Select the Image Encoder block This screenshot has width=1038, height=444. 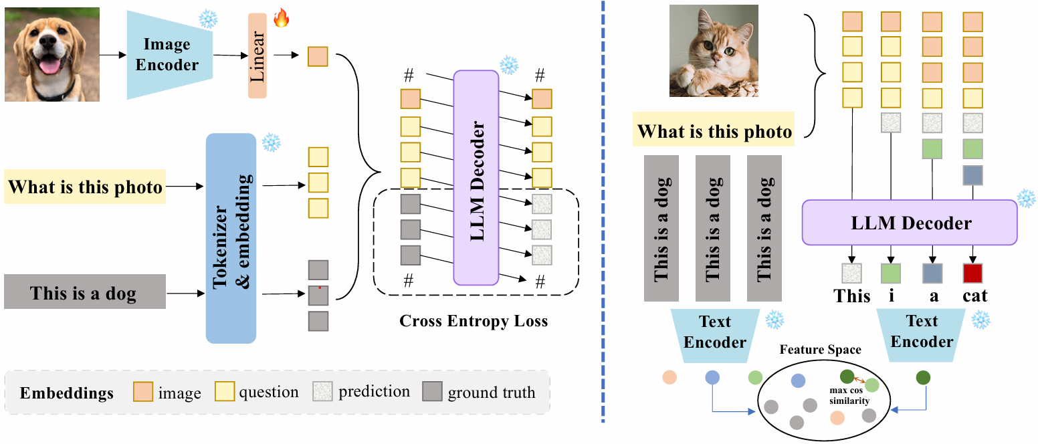[x=170, y=55]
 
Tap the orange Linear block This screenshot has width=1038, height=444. [x=257, y=55]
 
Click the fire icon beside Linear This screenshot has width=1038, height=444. [x=282, y=18]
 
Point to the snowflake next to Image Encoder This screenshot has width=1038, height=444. [x=208, y=19]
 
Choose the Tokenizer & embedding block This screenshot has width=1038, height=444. [x=231, y=238]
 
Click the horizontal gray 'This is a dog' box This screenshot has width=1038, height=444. [x=85, y=292]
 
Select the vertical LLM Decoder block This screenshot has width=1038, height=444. [x=476, y=178]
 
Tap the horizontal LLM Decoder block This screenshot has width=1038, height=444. [x=909, y=223]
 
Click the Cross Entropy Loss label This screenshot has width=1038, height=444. [x=473, y=321]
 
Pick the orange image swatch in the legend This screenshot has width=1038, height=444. [x=142, y=391]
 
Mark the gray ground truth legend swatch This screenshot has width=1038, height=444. [x=432, y=391]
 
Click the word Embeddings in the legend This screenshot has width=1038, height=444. [x=66, y=393]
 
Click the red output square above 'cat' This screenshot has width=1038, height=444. [x=972, y=273]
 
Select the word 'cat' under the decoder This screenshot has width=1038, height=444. [x=974, y=296]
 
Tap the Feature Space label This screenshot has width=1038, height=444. [x=820, y=349]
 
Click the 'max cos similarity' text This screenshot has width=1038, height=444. [x=849, y=395]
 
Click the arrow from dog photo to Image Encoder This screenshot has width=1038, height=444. [x=113, y=55]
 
